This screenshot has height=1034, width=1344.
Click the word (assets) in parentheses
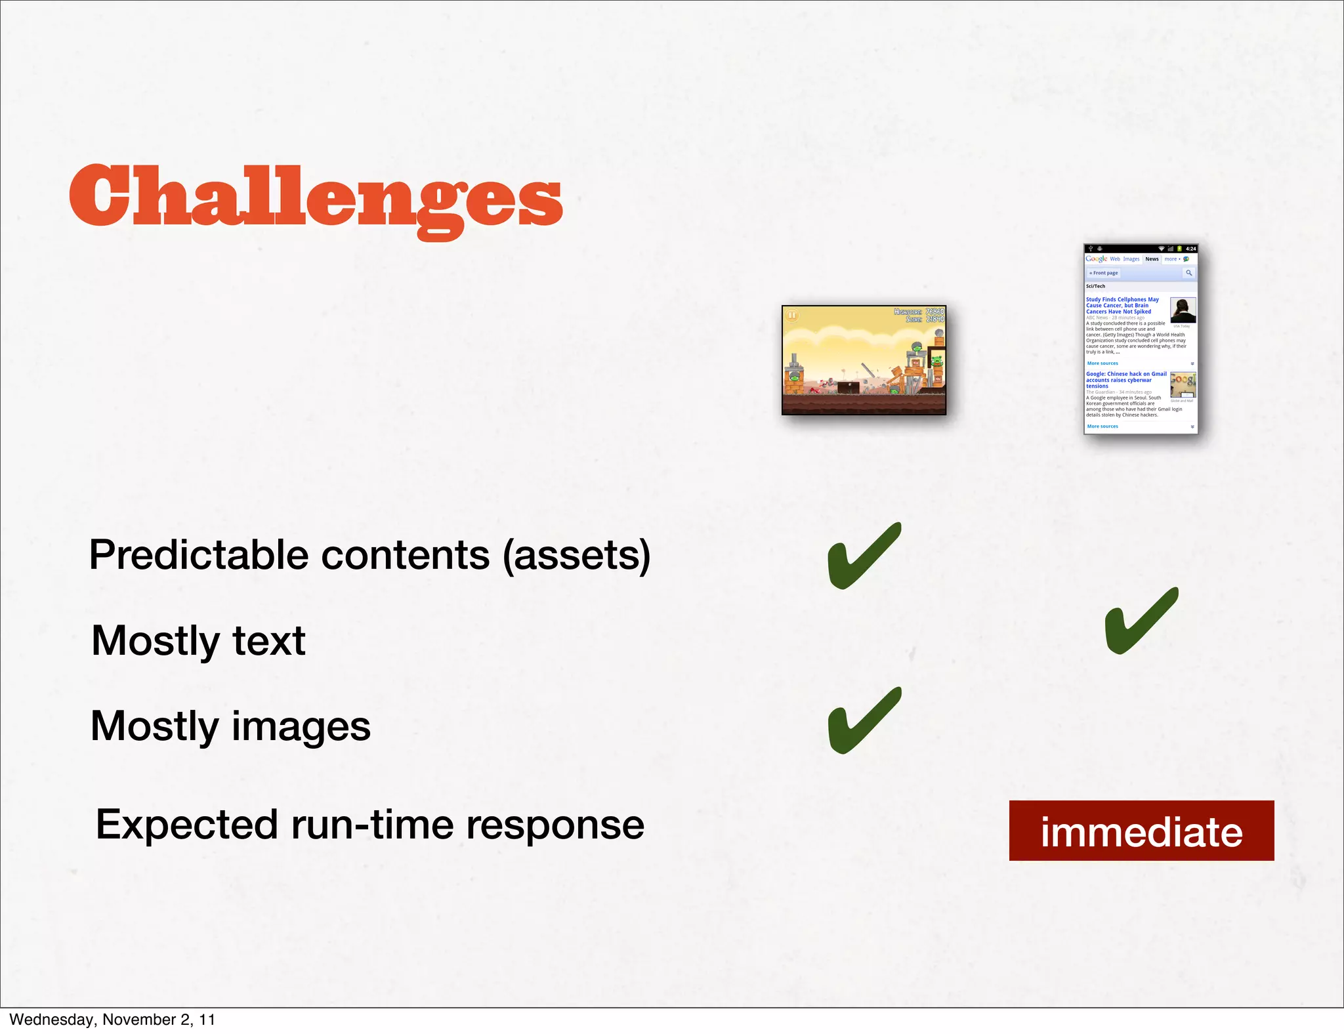click(577, 555)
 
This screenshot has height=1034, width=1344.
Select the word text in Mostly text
click(268, 641)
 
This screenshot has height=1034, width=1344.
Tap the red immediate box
click(1141, 831)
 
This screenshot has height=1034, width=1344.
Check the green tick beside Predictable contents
click(864, 556)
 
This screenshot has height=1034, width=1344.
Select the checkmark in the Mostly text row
click(1141, 621)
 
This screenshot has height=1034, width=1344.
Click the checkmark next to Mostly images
click(864, 720)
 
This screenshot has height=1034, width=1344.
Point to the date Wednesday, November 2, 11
click(112, 1020)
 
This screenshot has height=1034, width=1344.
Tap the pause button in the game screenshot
click(792, 316)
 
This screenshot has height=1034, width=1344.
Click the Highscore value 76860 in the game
click(934, 312)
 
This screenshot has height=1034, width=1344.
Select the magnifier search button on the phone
click(1188, 273)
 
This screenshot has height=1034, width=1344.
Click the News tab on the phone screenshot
click(1152, 259)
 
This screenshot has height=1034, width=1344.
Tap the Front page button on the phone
click(1104, 273)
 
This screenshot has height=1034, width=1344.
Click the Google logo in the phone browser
click(1096, 259)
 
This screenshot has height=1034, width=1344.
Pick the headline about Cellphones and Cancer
click(1122, 306)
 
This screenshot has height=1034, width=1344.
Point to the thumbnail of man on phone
click(1183, 310)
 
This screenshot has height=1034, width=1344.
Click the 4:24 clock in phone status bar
click(1190, 249)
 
